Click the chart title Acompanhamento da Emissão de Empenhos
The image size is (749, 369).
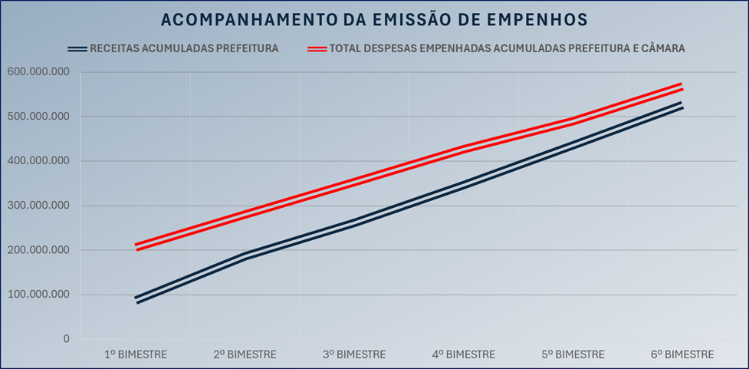(375, 19)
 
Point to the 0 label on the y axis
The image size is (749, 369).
(66, 339)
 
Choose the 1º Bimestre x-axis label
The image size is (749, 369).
(136, 354)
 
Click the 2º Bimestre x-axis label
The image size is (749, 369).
(245, 354)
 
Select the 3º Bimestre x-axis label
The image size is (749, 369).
(354, 354)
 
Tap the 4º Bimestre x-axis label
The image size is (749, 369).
(464, 354)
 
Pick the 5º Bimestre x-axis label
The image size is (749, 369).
(573, 354)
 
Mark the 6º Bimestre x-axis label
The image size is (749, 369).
(682, 354)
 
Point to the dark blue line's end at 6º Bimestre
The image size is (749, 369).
(682, 105)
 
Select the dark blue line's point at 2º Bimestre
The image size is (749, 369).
(245, 257)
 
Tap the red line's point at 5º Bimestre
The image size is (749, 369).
(573, 121)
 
